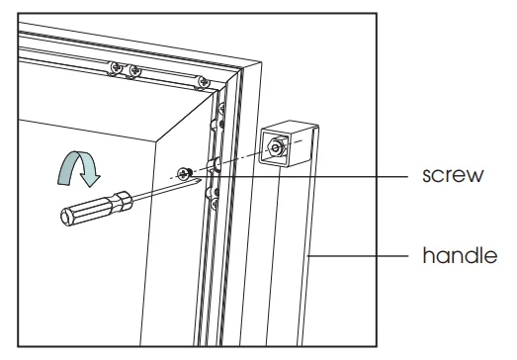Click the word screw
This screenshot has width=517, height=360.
coord(453,175)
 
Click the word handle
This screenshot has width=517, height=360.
coord(460,255)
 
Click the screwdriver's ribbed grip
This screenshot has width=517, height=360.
coord(97,208)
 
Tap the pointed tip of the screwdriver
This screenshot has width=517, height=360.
coord(201,179)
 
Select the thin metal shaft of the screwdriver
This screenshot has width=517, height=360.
coord(165,190)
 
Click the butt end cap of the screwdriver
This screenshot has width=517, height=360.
coord(66,218)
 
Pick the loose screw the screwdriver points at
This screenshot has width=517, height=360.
coord(184,173)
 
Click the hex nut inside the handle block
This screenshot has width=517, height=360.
coord(277,147)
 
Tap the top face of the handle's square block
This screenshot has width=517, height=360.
coord(290,126)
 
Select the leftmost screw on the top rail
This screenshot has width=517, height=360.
coord(116,67)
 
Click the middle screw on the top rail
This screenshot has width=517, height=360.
coord(134,71)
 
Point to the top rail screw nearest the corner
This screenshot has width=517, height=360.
coord(203,82)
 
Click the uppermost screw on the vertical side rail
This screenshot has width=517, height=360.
coord(221,108)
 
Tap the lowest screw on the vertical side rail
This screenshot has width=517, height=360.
coord(215,204)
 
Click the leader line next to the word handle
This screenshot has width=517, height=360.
coord(358,256)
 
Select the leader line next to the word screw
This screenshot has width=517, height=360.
coord(301,176)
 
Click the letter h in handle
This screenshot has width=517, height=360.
coord(428,255)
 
